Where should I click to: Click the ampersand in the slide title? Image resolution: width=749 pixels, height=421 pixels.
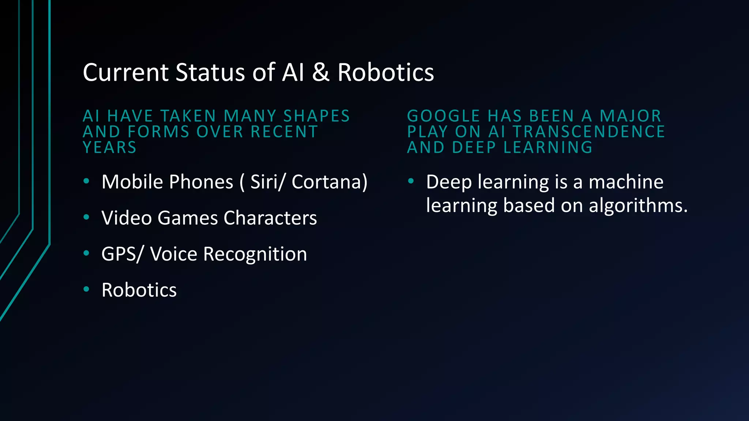coord(321,72)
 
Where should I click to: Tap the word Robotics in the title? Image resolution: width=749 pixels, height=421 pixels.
coord(385,72)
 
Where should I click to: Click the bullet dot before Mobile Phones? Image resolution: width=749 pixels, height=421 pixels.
coord(86,181)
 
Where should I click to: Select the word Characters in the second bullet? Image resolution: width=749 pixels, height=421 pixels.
coord(270,218)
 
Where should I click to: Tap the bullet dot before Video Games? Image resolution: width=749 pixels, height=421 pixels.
coord(86,217)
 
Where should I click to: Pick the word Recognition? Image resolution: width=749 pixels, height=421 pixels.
coord(255,254)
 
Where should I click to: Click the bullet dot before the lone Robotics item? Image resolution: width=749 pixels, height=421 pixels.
coord(86,289)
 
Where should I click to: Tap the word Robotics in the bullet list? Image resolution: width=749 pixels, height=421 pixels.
coord(139,290)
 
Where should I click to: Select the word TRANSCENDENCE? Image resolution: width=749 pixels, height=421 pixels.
coord(589,132)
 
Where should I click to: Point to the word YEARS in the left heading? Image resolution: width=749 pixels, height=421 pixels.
coord(110,148)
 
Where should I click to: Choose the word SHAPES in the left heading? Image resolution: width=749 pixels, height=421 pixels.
coord(317,116)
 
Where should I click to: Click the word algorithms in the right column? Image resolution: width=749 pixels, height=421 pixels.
coord(638,205)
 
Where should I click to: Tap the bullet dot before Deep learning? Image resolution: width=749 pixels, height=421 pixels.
coord(411,181)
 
